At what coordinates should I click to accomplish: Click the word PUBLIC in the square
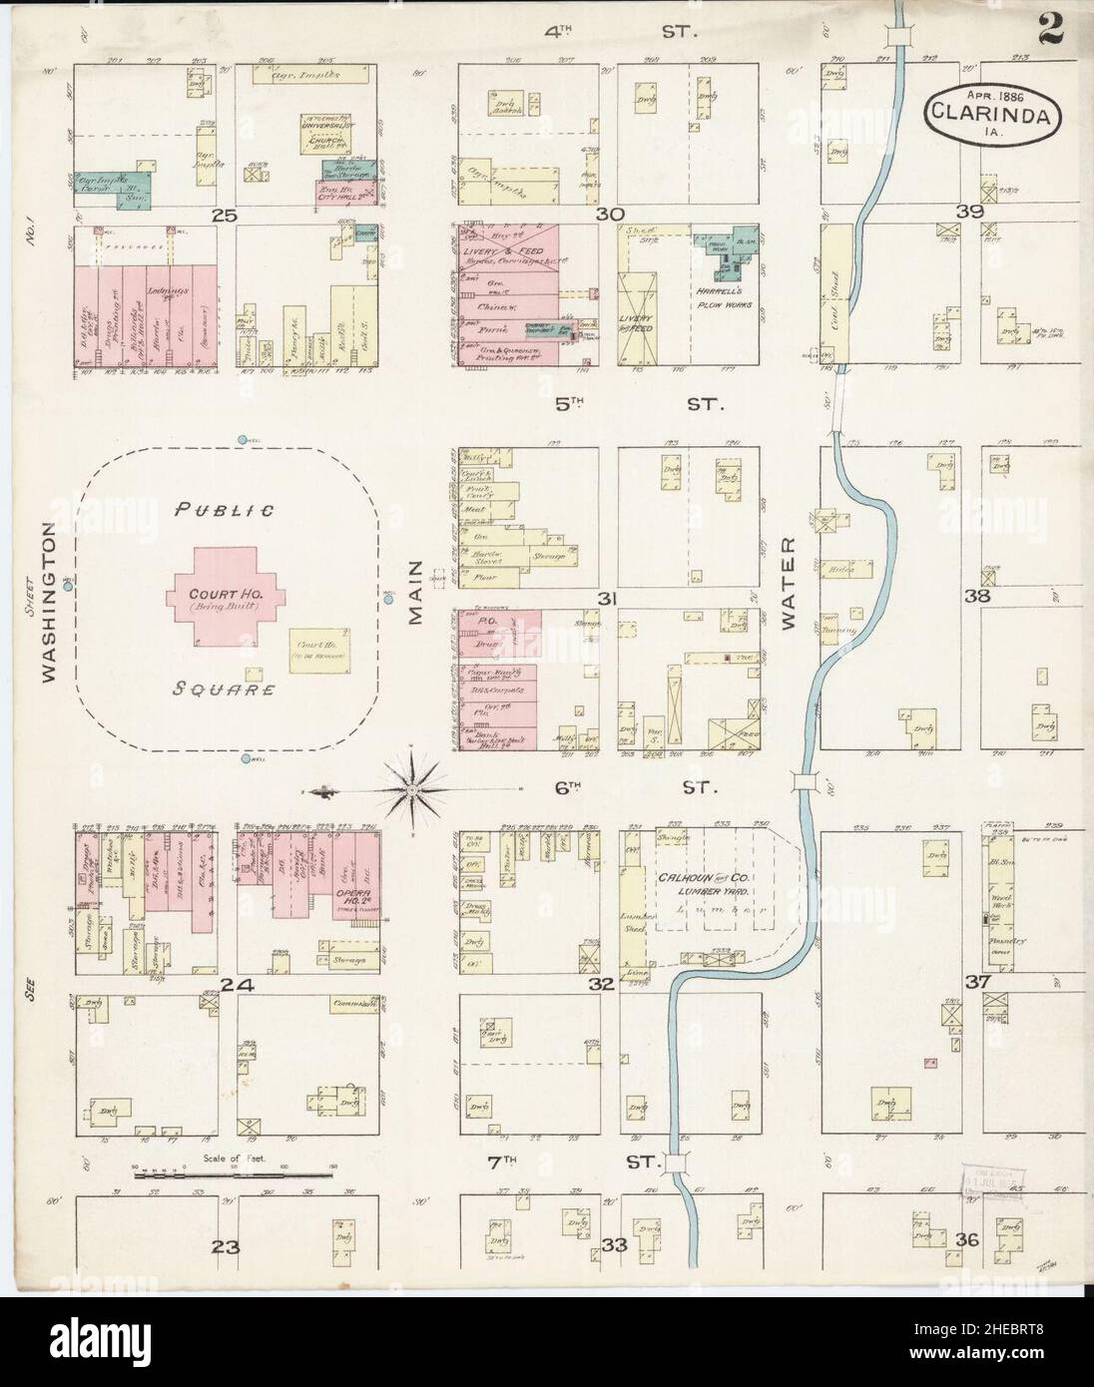[225, 510]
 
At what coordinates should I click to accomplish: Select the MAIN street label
[417, 594]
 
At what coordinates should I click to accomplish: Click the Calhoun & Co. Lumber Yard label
[709, 883]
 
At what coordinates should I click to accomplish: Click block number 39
[969, 213]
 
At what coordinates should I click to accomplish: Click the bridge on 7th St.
[681, 1160]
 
